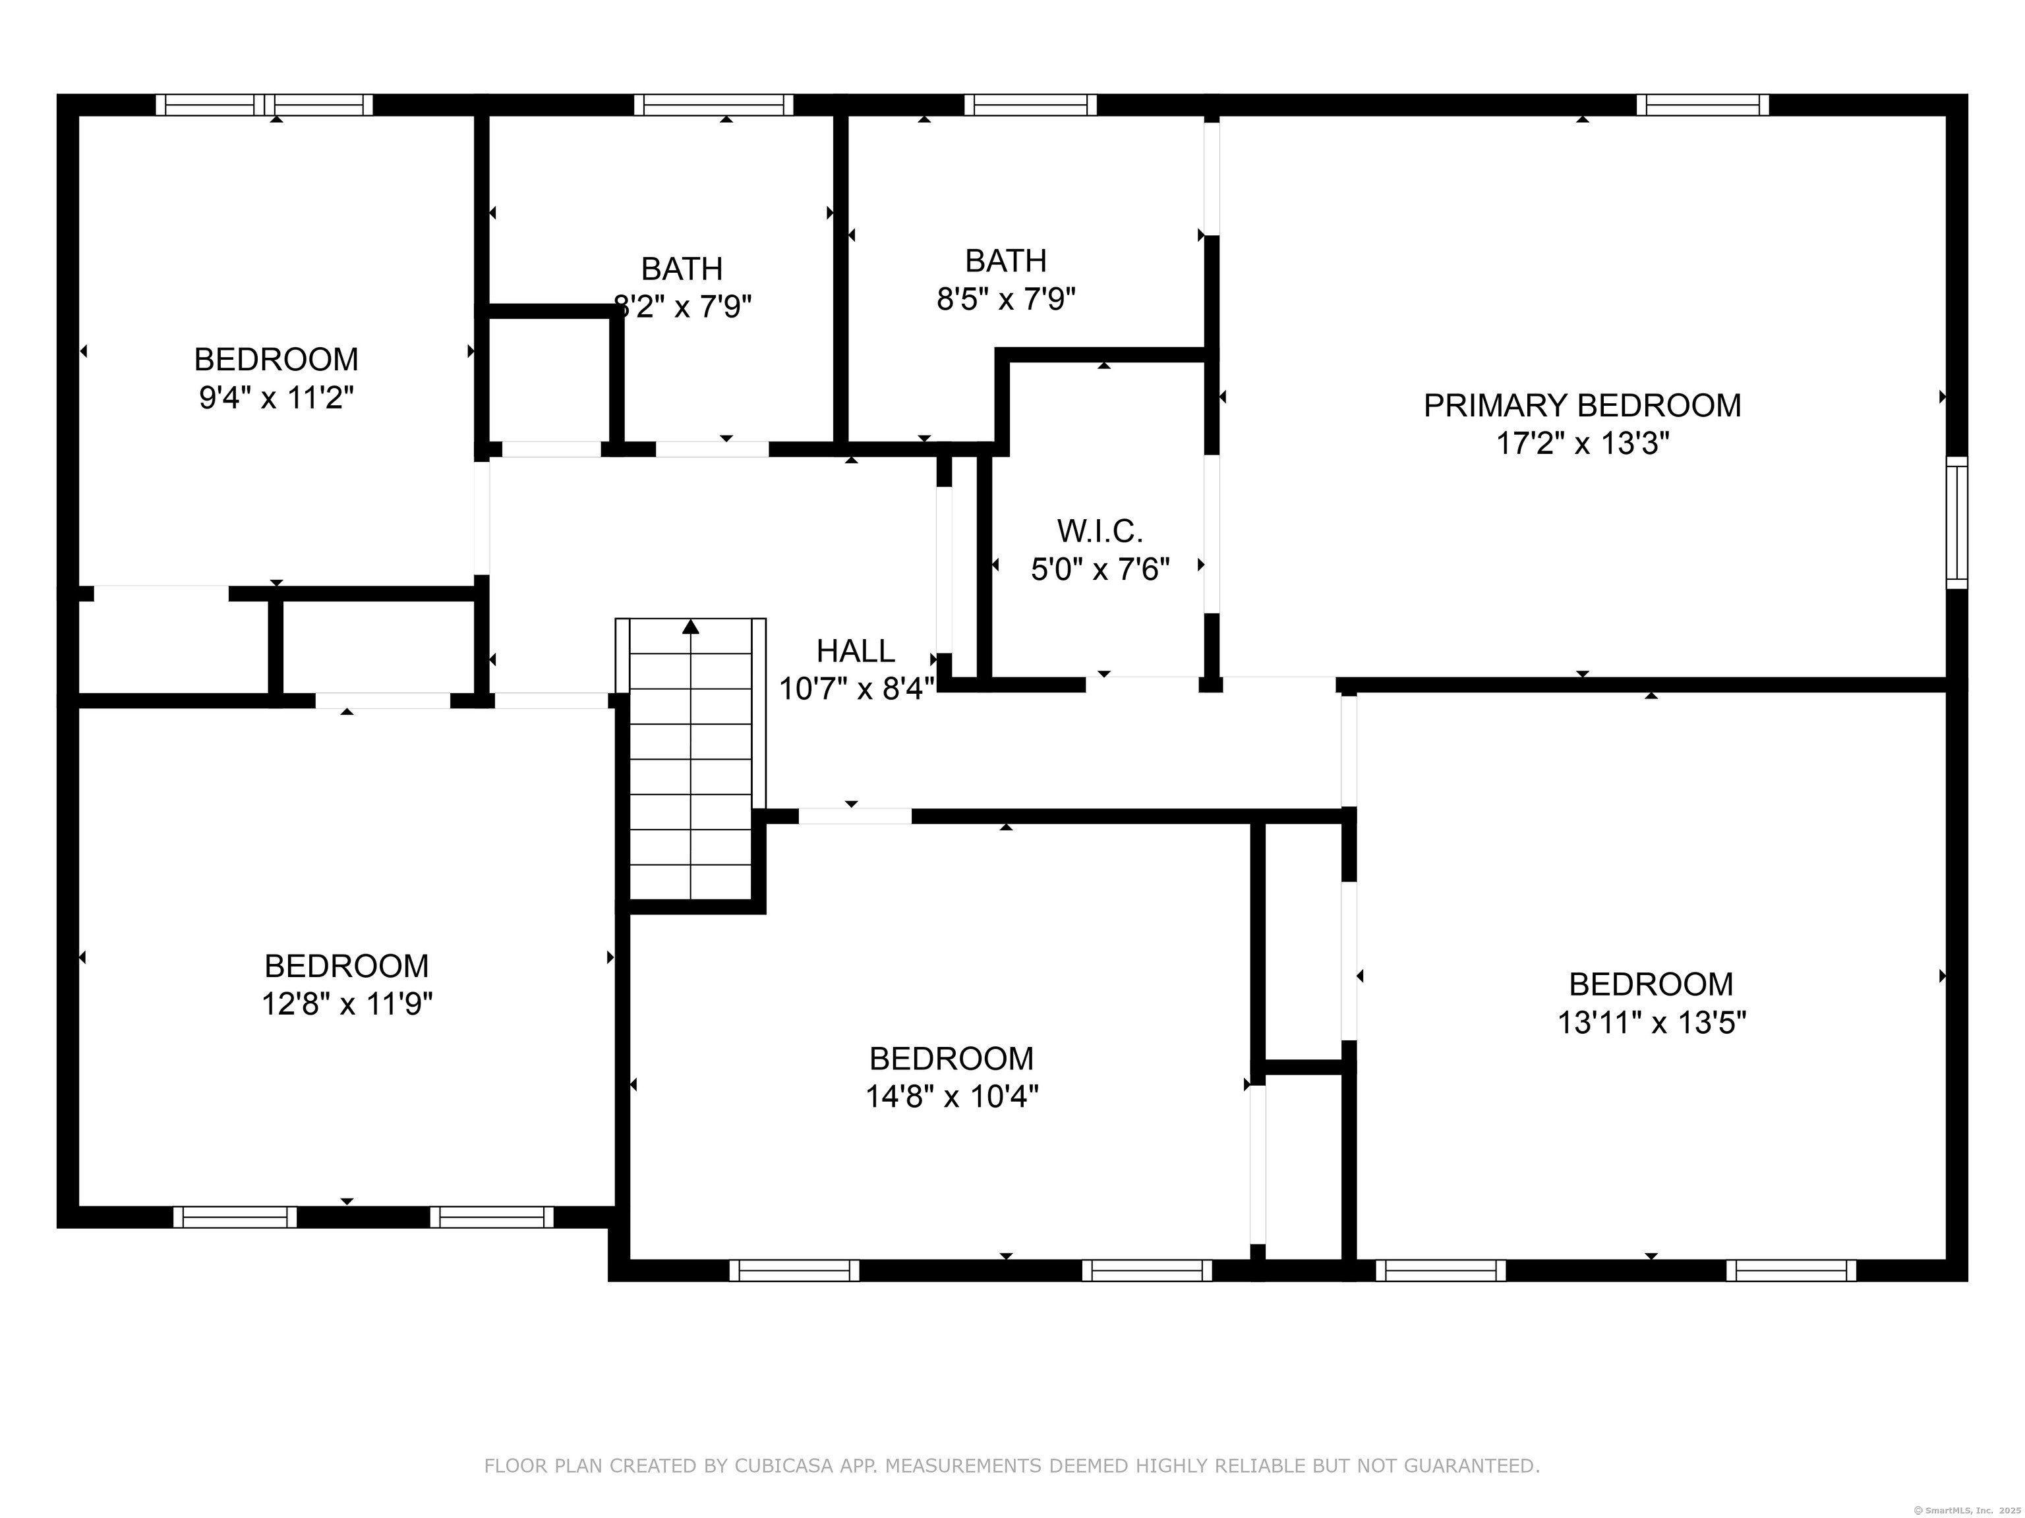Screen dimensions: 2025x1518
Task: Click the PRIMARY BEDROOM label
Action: click(1582, 405)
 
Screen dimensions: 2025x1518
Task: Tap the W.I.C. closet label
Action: click(1100, 530)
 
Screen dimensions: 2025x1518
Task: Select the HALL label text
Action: click(855, 650)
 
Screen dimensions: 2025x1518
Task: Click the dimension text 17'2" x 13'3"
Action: click(1582, 444)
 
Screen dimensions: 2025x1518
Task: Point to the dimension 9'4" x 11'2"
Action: click(276, 398)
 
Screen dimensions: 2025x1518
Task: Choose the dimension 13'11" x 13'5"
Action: click(1651, 1022)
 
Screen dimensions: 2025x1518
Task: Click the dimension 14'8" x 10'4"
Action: click(951, 1096)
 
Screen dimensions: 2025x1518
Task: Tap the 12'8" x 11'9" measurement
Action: click(347, 1004)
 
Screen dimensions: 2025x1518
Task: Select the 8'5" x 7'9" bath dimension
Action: click(1005, 299)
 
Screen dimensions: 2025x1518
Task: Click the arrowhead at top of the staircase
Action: click(691, 627)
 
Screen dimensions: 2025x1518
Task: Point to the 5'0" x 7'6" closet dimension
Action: click(1100, 570)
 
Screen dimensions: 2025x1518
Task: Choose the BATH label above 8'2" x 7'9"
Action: click(682, 269)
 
